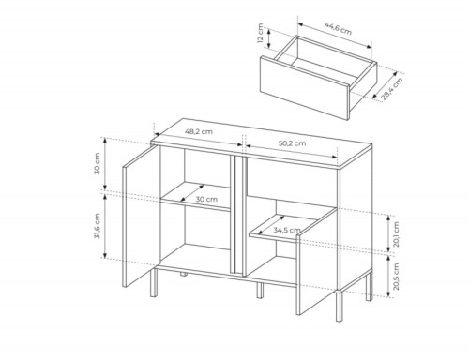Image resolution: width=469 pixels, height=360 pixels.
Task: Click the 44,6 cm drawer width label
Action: [x=338, y=28]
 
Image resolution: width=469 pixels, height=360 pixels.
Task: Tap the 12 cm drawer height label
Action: [x=260, y=34]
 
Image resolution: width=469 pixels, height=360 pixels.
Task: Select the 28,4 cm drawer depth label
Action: [x=392, y=89]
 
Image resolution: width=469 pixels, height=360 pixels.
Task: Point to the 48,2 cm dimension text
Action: [x=199, y=131]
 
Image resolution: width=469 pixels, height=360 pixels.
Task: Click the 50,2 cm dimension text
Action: [x=292, y=143]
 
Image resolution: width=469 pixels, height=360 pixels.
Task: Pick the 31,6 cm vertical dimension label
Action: [x=97, y=226]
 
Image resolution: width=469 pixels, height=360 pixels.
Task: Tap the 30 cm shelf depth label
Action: [x=206, y=199]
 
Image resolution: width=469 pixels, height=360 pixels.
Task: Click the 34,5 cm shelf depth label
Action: [x=287, y=231]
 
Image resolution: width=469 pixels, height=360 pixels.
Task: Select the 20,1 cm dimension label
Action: [x=396, y=234]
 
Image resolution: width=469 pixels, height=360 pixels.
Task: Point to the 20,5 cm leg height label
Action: [x=396, y=277]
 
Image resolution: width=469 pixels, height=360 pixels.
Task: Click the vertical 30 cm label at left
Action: [x=97, y=163]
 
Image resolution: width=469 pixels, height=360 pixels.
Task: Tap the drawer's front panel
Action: [x=304, y=88]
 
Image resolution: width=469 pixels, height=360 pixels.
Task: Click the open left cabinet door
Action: [x=139, y=217]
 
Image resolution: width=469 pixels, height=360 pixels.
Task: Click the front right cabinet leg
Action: [x=339, y=306]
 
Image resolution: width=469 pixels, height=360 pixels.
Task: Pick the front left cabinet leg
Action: [x=154, y=282]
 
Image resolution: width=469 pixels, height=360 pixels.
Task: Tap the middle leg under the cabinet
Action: [x=260, y=291]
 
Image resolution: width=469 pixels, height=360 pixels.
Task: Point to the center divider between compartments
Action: [x=238, y=216]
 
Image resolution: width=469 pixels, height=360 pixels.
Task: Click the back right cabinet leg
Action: [x=370, y=287]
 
